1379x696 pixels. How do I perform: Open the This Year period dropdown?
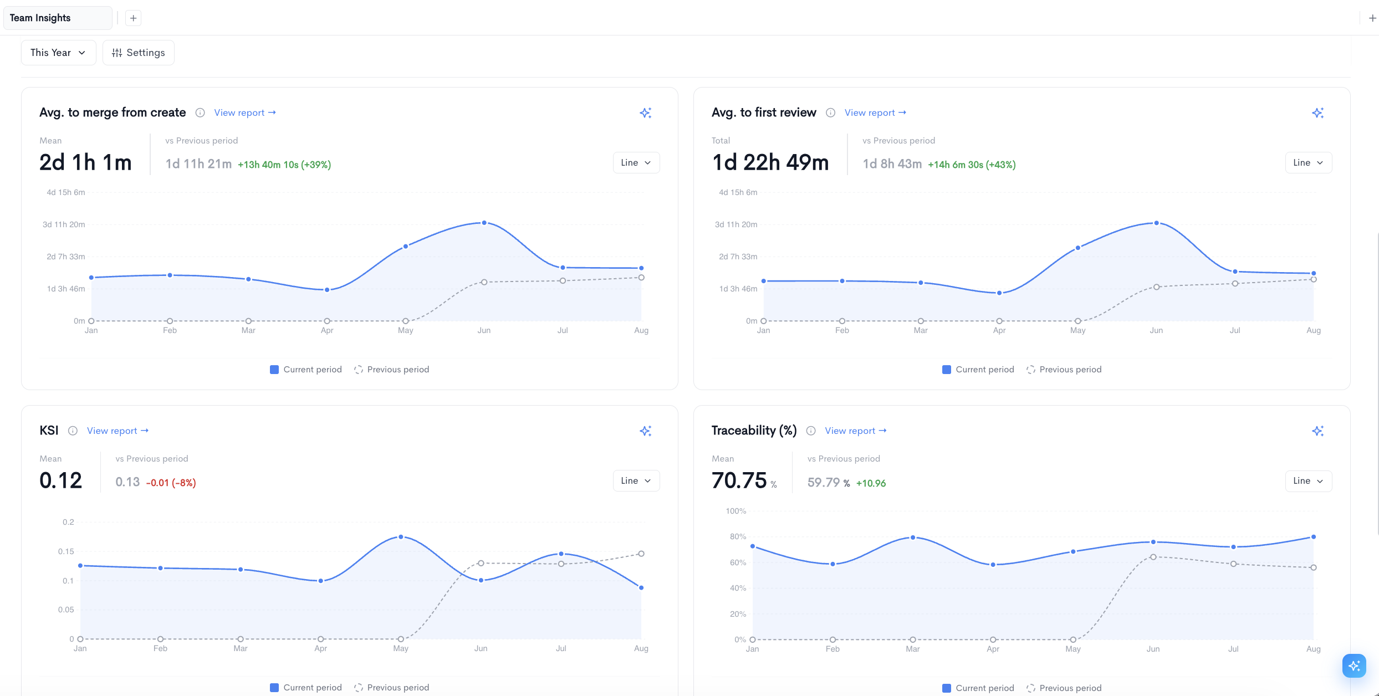[x=58, y=53]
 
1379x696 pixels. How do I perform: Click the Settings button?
[x=138, y=53]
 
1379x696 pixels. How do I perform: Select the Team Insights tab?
[x=58, y=18]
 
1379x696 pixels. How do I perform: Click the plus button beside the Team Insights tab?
[x=133, y=18]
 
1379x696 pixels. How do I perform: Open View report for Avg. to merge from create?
[x=245, y=112]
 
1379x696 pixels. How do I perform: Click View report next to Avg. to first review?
[x=875, y=112]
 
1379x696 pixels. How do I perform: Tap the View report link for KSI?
[x=118, y=431]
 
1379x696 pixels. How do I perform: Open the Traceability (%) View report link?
[x=855, y=431]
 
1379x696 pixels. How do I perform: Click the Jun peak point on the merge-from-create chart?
[x=484, y=223]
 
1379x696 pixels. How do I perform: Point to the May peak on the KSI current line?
[x=401, y=537]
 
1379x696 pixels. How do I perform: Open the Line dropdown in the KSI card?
[x=636, y=480]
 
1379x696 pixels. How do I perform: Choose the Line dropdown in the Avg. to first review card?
[x=1308, y=162]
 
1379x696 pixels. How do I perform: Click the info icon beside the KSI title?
[x=73, y=431]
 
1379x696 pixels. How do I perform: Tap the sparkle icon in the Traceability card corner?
[x=1317, y=431]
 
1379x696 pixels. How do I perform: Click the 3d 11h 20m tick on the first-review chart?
[x=736, y=224]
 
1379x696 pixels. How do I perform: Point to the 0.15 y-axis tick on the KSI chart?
[x=66, y=551]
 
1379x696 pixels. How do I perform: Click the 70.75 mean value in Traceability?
[x=739, y=480]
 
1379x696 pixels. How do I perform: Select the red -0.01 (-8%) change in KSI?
[x=171, y=483]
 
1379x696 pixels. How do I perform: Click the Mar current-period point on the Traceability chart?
[x=912, y=538]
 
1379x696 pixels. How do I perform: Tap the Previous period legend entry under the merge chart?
[x=391, y=370]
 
